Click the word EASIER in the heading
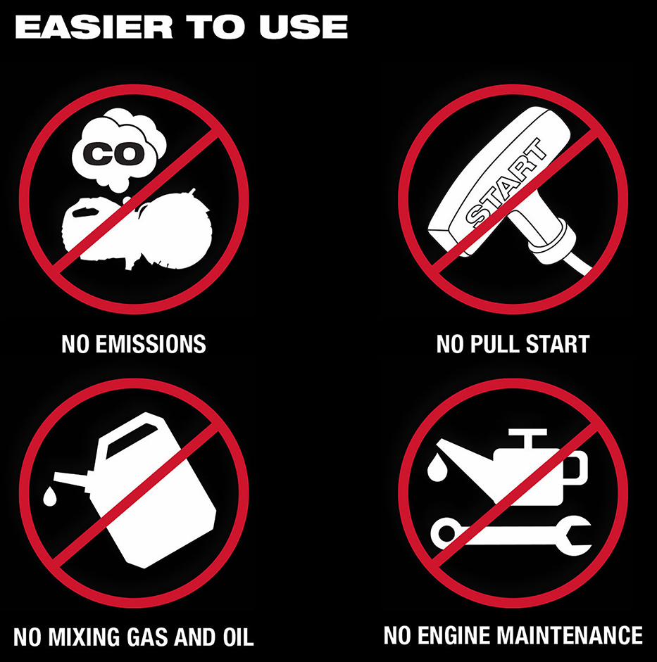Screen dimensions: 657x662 coord(94,27)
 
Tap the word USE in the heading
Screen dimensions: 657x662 coord(304,27)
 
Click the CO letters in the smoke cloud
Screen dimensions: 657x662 coord(111,153)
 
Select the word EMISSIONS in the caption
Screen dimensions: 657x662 coord(151,344)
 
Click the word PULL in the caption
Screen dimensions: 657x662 coord(494,344)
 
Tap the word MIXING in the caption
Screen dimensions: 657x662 coord(85,637)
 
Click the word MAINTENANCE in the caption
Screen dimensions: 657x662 coord(570,635)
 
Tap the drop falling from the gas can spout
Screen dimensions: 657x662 coord(50,496)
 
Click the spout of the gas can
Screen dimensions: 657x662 coord(73,479)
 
